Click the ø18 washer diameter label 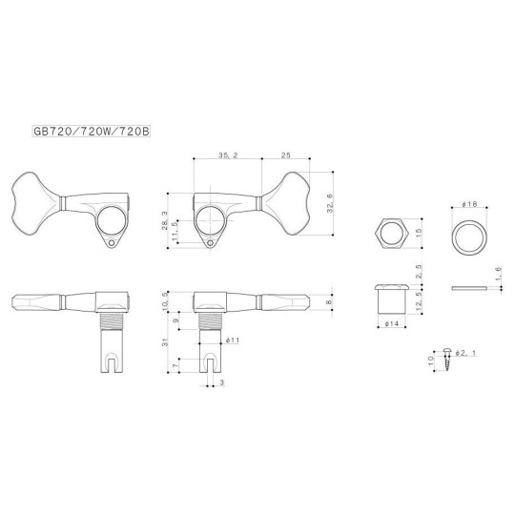click(x=466, y=206)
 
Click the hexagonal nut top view click(x=390, y=234)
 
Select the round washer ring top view click(x=466, y=234)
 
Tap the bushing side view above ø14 click(x=390, y=299)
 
